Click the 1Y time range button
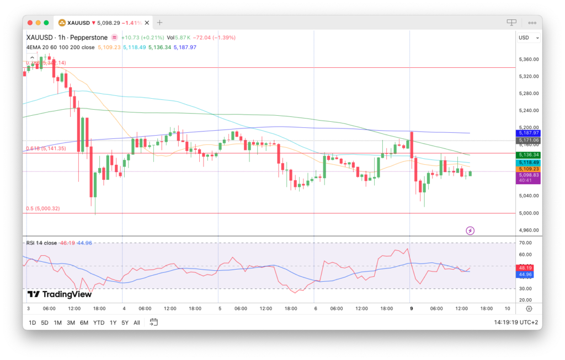pyautogui.click(x=113, y=323)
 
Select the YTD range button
pyautogui.click(x=99, y=323)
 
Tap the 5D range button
pyautogui.click(x=45, y=323)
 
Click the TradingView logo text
pyautogui.click(x=60, y=294)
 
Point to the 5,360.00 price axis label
pyautogui.click(x=528, y=59)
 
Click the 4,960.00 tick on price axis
pyautogui.click(x=528, y=230)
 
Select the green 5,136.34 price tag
pyautogui.click(x=528, y=155)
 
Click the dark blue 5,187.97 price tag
pyautogui.click(x=528, y=133)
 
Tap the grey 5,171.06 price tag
pyautogui.click(x=528, y=141)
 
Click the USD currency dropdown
pyautogui.click(x=529, y=37)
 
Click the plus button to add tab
pyautogui.click(x=160, y=23)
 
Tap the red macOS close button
pyautogui.click(x=30, y=23)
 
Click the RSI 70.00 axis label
pyautogui.click(x=525, y=243)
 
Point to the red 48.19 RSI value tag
pyautogui.click(x=525, y=267)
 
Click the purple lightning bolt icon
pyautogui.click(x=470, y=230)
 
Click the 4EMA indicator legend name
pyautogui.click(x=34, y=47)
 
